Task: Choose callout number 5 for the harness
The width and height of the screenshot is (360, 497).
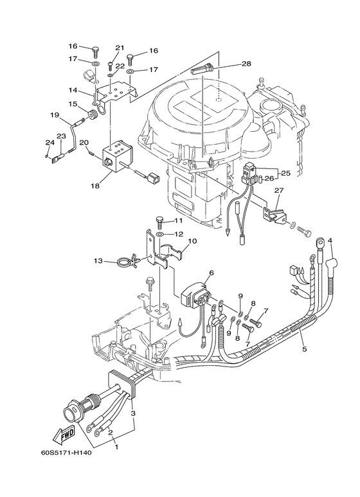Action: [x=303, y=349]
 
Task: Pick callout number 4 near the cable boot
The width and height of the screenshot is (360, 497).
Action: [x=330, y=241]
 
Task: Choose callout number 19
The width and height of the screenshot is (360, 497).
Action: [x=55, y=116]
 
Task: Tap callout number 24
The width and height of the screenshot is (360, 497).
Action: [x=48, y=143]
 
